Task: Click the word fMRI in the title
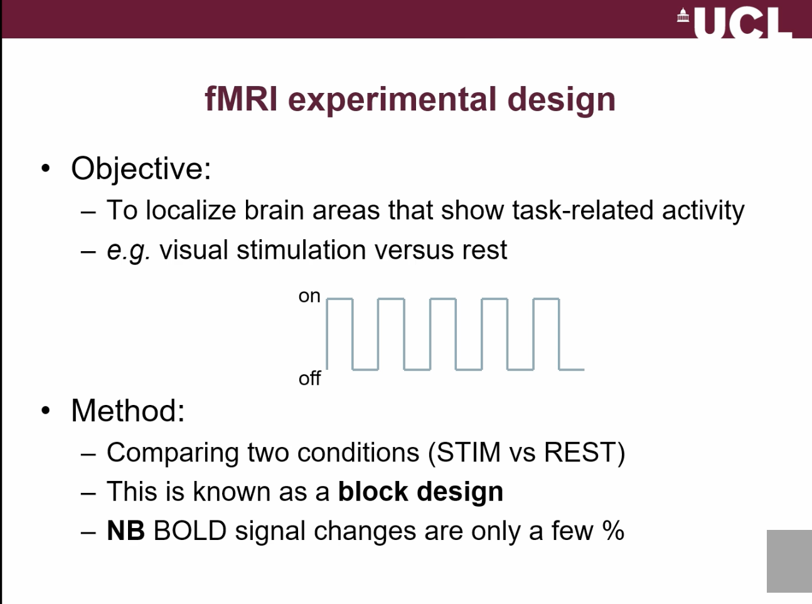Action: (241, 99)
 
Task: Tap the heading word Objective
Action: (141, 168)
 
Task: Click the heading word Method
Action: (127, 411)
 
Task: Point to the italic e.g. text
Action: (128, 251)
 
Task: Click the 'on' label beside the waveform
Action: (309, 296)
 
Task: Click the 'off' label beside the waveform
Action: (309, 379)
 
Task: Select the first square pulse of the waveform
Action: (339, 333)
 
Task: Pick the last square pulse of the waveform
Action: (546, 333)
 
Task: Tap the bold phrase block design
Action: (420, 492)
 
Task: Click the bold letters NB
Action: (126, 531)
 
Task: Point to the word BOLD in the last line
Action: (190, 531)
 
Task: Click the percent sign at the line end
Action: (613, 531)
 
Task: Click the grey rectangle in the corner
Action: (789, 561)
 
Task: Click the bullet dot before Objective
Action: (45, 168)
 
